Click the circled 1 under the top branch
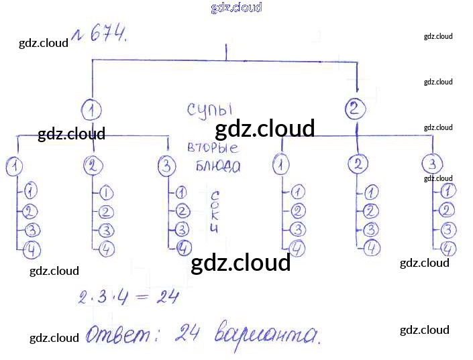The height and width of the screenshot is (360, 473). click(x=93, y=109)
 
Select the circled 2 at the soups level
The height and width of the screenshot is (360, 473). click(x=356, y=108)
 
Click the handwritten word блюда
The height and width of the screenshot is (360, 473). click(x=217, y=167)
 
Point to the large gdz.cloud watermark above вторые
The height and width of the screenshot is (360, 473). click(x=264, y=128)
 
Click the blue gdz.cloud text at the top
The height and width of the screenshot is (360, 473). click(x=236, y=7)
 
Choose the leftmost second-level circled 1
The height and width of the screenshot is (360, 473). click(x=13, y=166)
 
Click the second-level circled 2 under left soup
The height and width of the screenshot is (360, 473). click(x=95, y=166)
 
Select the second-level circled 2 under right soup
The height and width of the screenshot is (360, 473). click(x=360, y=164)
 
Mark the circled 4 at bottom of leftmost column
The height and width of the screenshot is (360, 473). click(x=31, y=251)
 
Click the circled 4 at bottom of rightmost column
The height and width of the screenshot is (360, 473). click(x=449, y=249)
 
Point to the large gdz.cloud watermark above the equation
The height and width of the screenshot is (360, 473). click(x=240, y=263)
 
